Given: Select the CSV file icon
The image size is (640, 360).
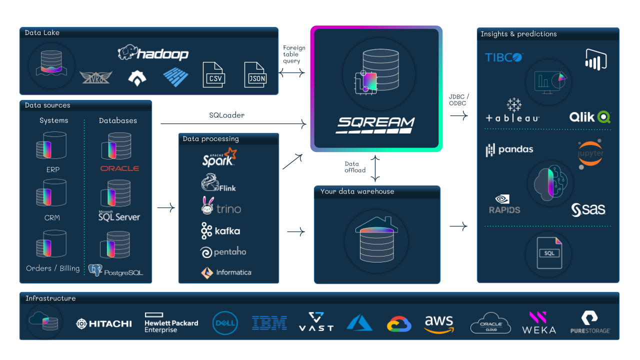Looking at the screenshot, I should (213, 75).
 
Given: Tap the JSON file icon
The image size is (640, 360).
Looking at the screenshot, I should (255, 75).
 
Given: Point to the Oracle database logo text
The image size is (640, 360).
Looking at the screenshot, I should (119, 168).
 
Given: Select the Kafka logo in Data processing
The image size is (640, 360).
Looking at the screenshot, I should (220, 231).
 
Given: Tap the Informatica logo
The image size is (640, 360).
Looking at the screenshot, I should (226, 272).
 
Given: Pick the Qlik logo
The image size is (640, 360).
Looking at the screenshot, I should (590, 117).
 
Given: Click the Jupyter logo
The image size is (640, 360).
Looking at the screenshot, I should (590, 153).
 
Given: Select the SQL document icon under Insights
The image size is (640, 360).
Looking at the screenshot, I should (549, 252).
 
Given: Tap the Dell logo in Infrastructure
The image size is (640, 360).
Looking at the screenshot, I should (224, 323).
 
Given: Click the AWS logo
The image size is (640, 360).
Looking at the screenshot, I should (438, 323).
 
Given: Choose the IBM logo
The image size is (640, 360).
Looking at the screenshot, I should (269, 323).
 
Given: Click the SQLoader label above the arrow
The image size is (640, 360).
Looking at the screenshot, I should (226, 115).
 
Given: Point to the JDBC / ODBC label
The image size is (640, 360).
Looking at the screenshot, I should (459, 99).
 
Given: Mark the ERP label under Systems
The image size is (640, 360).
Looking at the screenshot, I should (53, 169).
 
